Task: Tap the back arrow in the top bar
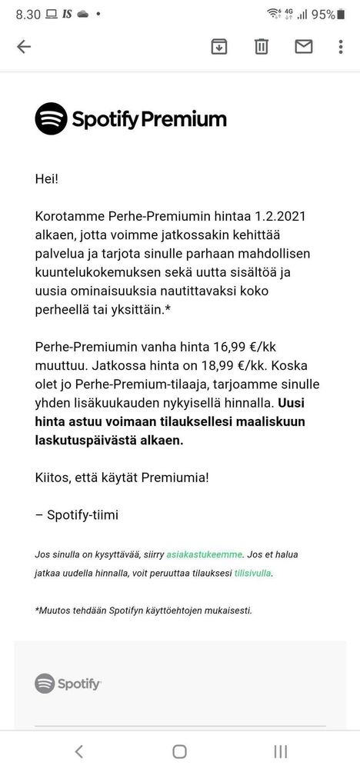[x=24, y=47]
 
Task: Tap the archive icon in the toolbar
[x=219, y=47]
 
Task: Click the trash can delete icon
[x=262, y=47]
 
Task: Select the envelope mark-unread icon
[x=304, y=47]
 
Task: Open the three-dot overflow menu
[x=341, y=47]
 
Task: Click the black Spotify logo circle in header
[x=51, y=118]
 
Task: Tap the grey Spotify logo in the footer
[x=68, y=683]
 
